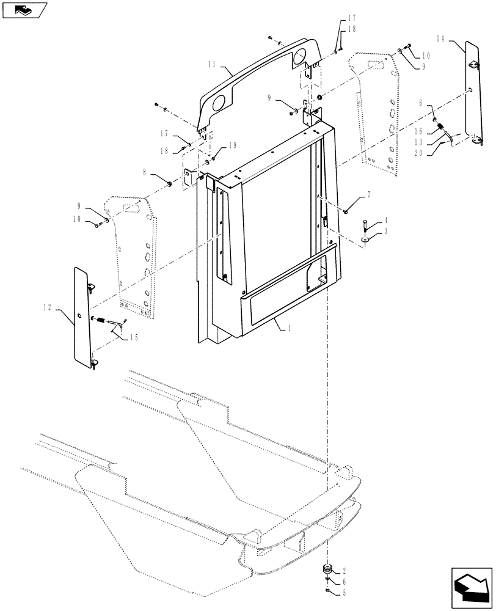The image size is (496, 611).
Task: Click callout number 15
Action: [133, 338]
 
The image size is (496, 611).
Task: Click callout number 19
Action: [233, 146]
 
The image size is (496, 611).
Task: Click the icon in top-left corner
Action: [23, 9]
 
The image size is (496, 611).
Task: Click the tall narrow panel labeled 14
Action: [472, 92]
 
